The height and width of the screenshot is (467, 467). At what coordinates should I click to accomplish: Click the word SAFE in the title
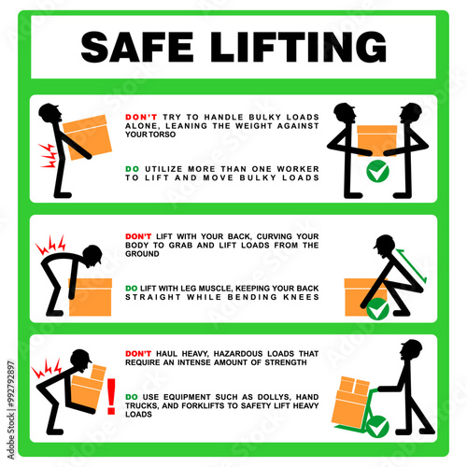(137, 47)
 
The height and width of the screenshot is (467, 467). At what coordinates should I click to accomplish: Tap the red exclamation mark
(111, 396)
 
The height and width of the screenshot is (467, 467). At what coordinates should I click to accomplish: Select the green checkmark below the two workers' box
(377, 171)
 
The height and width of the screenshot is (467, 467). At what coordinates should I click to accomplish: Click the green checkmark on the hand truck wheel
(377, 427)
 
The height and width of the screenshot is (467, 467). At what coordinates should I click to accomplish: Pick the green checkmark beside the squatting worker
(377, 308)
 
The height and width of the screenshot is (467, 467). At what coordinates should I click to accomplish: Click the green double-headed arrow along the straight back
(411, 265)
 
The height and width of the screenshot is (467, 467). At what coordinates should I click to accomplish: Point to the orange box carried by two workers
(376, 140)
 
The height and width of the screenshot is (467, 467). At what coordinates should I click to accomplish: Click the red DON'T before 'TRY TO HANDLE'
(141, 117)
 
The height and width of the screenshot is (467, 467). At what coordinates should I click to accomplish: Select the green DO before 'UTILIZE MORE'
(132, 169)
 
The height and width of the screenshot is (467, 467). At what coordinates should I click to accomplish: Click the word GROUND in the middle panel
(142, 254)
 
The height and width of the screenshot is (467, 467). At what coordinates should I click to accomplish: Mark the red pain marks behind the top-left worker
(49, 156)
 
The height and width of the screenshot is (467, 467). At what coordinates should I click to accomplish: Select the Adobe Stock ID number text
(11, 384)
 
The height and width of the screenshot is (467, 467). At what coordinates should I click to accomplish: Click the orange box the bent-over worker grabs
(90, 297)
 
